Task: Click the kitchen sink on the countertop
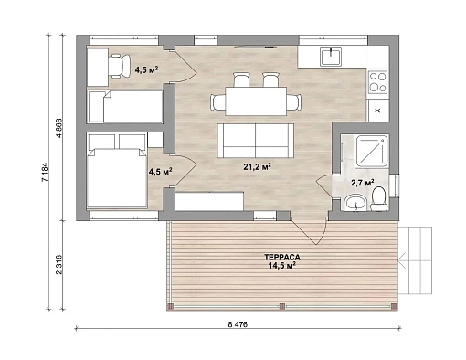pos(330,57)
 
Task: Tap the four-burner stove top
pos(377,82)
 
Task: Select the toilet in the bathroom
pos(379,199)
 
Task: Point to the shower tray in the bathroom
pos(372,152)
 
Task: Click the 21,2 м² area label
pos(258,166)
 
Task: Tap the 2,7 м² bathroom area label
pos(363,183)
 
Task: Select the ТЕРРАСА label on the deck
pos(282,258)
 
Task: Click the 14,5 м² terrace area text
pos(282,266)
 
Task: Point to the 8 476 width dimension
pos(238,324)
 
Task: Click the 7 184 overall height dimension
pos(45,173)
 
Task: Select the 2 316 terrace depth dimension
pos(59,265)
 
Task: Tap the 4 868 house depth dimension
pos(59,128)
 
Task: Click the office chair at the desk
pos(119,66)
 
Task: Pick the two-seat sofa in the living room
pos(256,141)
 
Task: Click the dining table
pos(256,101)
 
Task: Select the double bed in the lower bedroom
pos(117,178)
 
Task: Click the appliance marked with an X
pos(378,111)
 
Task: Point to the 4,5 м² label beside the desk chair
pos(146,70)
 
